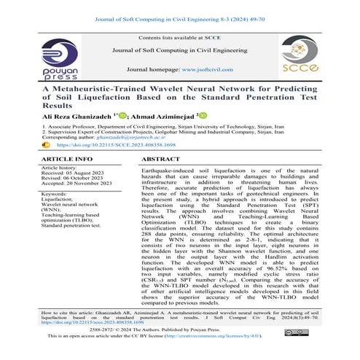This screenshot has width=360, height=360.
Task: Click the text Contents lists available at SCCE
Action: point(179,36)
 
